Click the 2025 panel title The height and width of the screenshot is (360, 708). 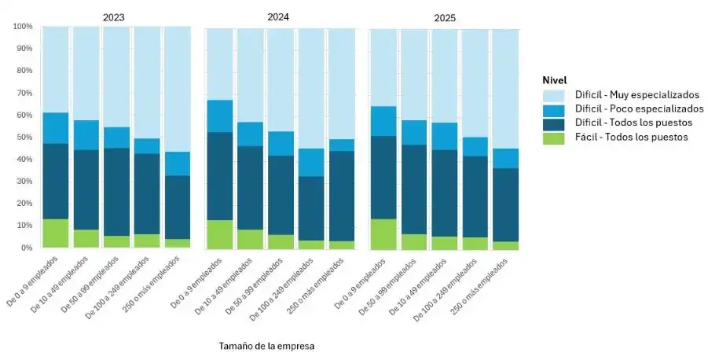coord(444,17)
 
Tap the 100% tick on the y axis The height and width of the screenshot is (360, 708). coord(23,27)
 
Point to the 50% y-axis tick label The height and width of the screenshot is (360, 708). coord(25,138)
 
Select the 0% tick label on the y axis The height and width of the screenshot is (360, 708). coord(27,248)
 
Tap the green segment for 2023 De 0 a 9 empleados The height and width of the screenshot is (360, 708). coord(55,233)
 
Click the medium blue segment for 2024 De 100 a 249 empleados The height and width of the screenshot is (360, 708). coord(311,162)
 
